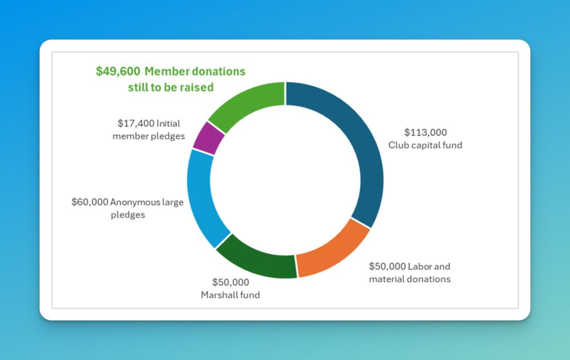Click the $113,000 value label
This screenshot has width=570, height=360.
tap(425, 132)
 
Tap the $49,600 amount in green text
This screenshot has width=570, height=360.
tap(118, 72)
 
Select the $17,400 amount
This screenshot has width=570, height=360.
tap(136, 123)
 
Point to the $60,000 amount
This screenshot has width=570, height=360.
tap(90, 202)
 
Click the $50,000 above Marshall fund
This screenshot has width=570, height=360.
tap(230, 283)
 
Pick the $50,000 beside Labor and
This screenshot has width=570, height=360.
tap(387, 266)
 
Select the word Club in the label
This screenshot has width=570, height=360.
tap(397, 145)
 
